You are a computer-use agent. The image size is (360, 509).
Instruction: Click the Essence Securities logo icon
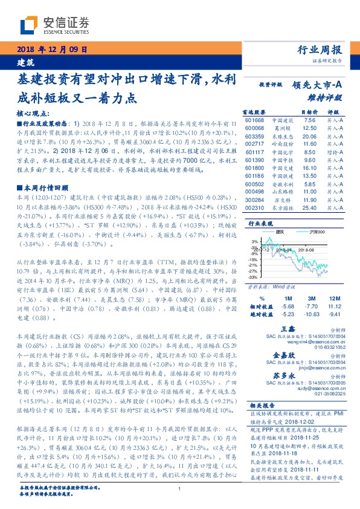(x=29, y=25)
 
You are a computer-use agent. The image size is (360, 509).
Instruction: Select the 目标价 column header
(x=309, y=112)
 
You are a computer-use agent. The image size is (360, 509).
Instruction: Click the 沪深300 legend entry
(x=317, y=232)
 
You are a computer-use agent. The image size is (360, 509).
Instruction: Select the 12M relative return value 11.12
(x=335, y=306)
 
